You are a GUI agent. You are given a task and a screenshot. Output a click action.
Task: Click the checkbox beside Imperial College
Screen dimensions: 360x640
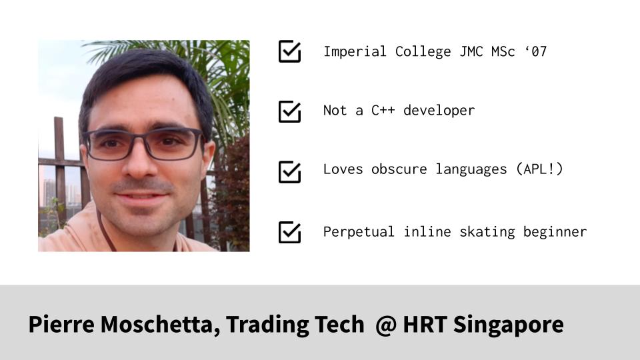pyautogui.click(x=289, y=52)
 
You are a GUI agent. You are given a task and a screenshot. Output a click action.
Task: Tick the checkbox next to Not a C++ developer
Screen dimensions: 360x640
pyautogui.click(x=289, y=111)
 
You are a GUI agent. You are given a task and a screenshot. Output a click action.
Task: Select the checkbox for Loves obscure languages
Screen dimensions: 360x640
pyautogui.click(x=289, y=171)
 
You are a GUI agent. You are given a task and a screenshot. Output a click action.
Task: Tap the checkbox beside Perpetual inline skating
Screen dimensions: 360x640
pyautogui.click(x=289, y=232)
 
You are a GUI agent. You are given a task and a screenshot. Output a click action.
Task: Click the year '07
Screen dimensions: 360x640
pyautogui.click(x=535, y=52)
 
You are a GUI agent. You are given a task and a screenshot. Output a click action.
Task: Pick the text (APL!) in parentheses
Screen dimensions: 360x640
pyautogui.click(x=539, y=169)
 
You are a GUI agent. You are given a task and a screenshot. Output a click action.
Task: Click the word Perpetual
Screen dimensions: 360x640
pyautogui.click(x=359, y=232)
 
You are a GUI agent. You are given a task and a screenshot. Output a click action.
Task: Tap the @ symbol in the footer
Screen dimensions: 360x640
pyautogui.click(x=385, y=325)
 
